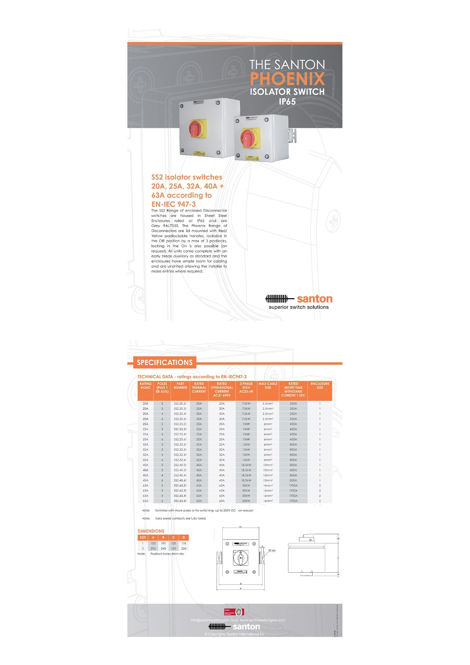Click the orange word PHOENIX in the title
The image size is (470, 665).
pos(287,79)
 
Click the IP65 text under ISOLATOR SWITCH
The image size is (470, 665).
pos(287,102)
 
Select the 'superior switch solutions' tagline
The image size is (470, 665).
pos(298,307)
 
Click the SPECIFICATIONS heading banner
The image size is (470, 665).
pos(165,362)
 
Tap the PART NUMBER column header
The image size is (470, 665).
pos(180,386)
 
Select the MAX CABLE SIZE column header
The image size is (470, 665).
pos(268,386)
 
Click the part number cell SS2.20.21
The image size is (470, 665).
pos(180,403)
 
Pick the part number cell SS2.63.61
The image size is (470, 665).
pos(180,501)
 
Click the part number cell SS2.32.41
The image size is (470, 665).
pos(180,455)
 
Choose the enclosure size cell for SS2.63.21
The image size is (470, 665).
pos(320,485)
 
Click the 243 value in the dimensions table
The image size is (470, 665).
pos(163,549)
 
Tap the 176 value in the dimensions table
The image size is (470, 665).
pos(184,543)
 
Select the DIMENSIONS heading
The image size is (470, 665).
pos(151,531)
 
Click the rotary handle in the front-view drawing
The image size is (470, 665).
pos(240,557)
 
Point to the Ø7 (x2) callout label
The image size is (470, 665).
pos(272,550)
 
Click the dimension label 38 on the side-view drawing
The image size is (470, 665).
pos(338,539)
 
